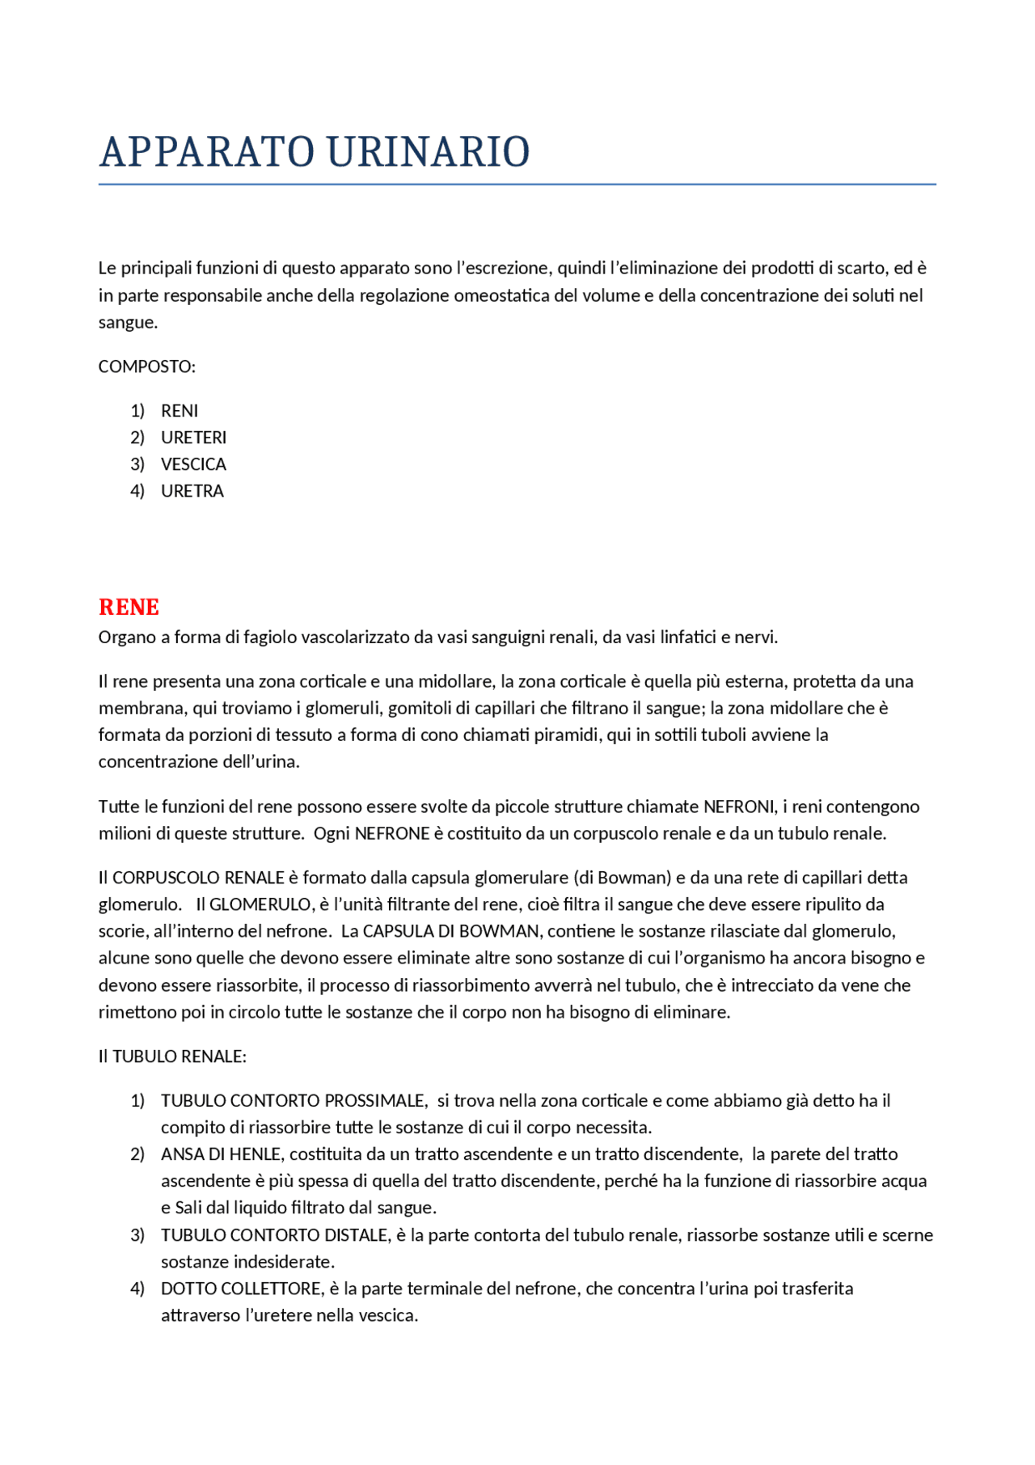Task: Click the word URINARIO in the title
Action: [x=428, y=152]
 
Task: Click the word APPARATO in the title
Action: [x=207, y=152]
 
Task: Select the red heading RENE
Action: [x=129, y=607]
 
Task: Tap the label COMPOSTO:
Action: [x=146, y=366]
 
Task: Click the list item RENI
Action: [x=179, y=411]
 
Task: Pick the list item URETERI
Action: [x=193, y=438]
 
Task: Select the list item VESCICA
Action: [x=193, y=464]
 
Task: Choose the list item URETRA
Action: [x=192, y=491]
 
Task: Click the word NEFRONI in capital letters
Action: [x=738, y=807]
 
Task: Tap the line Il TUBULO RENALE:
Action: [x=172, y=1056]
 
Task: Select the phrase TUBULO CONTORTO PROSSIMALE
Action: [x=294, y=1100]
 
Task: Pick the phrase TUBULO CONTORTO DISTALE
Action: [x=275, y=1235]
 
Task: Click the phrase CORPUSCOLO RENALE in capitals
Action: [x=198, y=878]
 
